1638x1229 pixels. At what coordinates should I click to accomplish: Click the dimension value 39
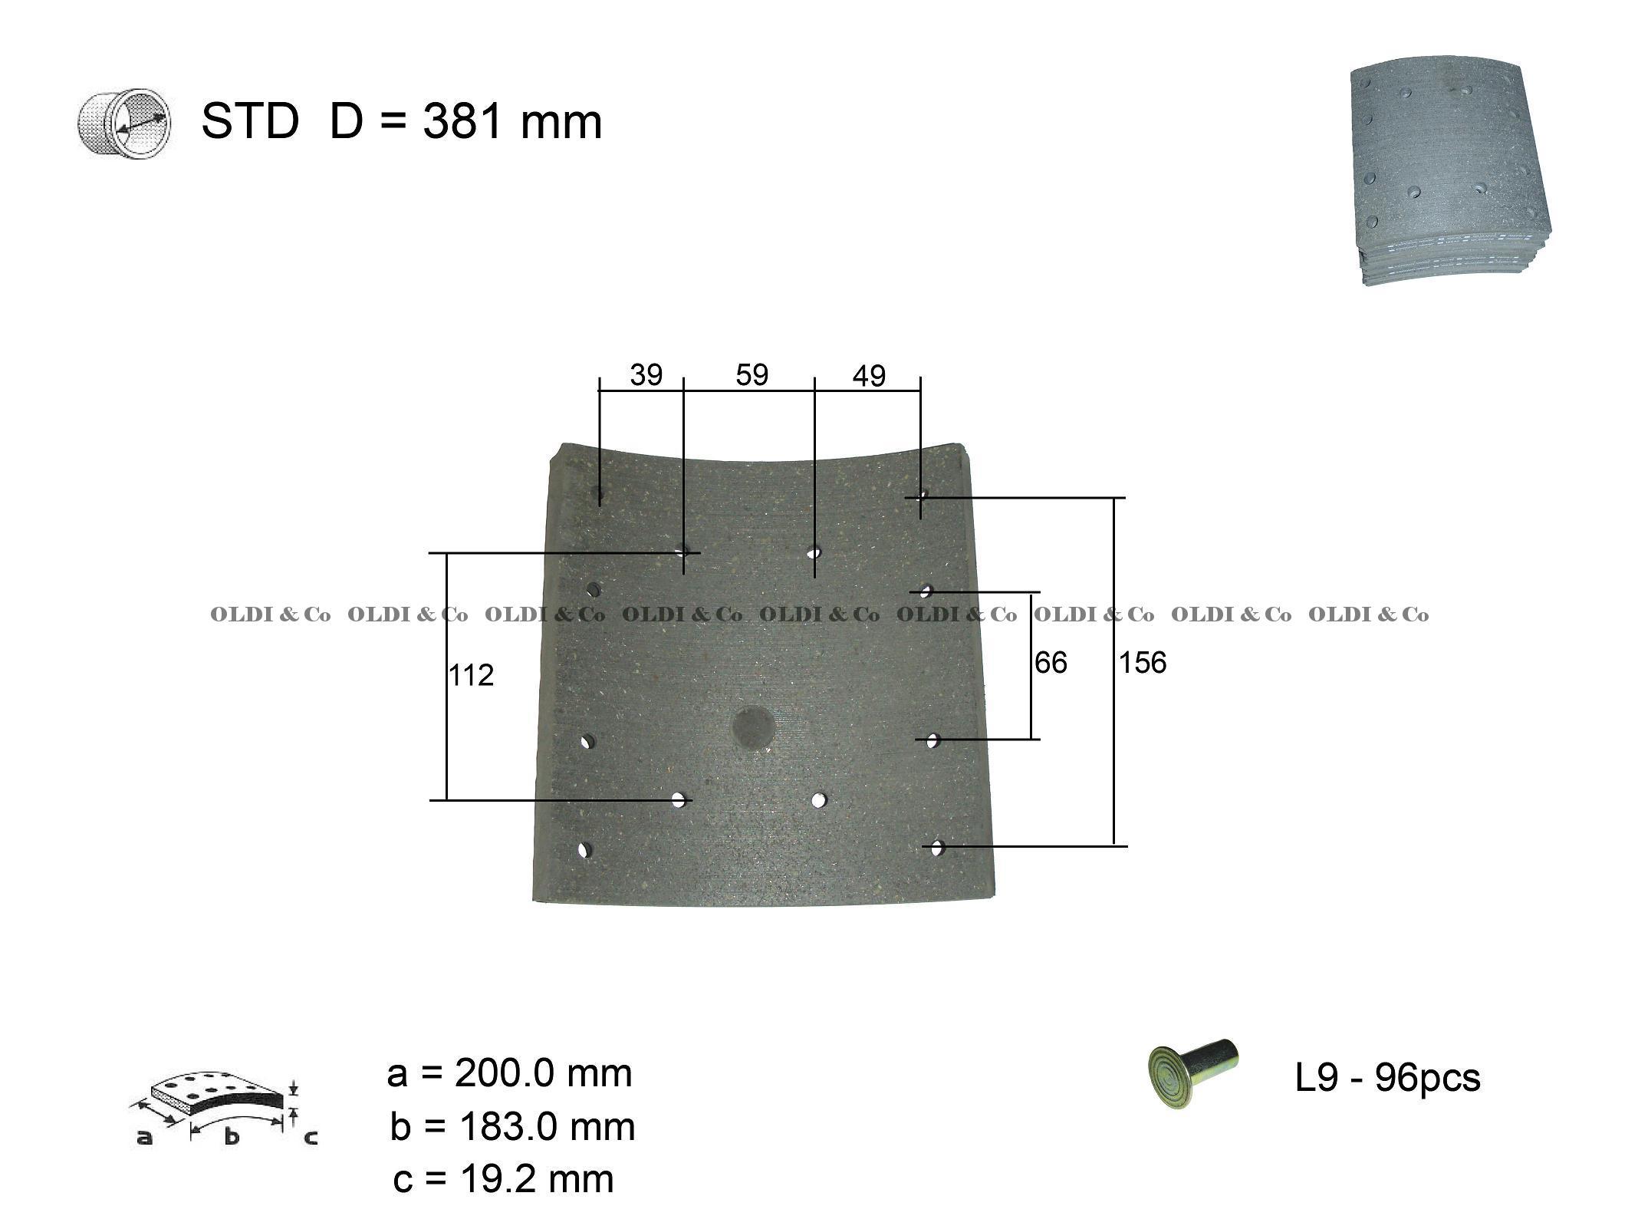coord(646,375)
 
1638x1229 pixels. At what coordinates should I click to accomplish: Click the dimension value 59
coord(752,374)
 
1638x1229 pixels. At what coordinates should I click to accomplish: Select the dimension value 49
coord(869,376)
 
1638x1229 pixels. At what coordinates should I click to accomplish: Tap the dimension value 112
coord(471,675)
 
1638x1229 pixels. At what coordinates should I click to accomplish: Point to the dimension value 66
coord(1051,662)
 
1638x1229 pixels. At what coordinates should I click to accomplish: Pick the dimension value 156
coord(1142,662)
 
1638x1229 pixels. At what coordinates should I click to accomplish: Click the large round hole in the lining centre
coord(753,727)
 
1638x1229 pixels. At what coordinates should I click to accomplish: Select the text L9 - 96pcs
coord(1387,1078)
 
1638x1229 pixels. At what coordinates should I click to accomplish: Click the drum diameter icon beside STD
coord(124,124)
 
